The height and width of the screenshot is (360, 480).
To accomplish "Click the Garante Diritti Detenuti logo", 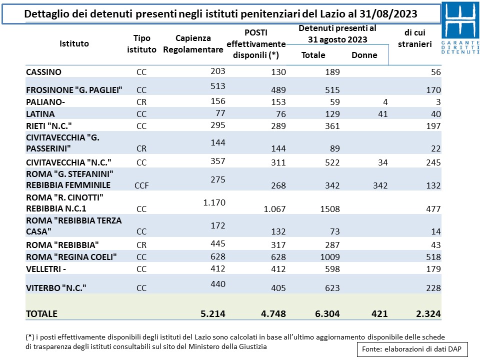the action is coord(460,28).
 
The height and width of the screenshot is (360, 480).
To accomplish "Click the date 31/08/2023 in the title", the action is coord(388,14).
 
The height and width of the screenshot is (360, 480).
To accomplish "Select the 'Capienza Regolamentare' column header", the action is coord(193,44).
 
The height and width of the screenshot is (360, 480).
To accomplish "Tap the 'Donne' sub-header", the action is coord(364,55).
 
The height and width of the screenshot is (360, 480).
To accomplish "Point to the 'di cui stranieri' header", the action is coord(415,38).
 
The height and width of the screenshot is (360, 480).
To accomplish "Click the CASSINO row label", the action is coord(44,72).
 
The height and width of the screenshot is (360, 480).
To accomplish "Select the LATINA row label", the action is coord(40,114).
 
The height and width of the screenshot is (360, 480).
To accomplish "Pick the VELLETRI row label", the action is coord(46,269).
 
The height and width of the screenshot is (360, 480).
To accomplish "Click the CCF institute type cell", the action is coord(141,185).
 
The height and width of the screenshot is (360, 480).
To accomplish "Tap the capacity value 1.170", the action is coord(214,202).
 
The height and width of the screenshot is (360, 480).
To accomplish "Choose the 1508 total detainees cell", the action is coord(330,209).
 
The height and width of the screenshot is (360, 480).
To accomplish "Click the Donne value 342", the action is coord(380,185).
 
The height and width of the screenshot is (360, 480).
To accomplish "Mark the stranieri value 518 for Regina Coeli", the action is coord(433,257).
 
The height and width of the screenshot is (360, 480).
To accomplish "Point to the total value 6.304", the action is coord(327,314).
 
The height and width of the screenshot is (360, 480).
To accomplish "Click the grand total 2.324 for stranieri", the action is coord(428,314).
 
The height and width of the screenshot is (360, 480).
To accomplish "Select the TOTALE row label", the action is coord(41,314).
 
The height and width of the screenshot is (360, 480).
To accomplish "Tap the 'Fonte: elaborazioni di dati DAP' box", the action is coord(412,349).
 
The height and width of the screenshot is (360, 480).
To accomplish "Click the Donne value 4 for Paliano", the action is coord(385,102).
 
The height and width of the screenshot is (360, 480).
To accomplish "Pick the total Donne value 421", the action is coord(379,314).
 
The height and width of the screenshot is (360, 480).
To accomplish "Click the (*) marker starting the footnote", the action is coord(29,337).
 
